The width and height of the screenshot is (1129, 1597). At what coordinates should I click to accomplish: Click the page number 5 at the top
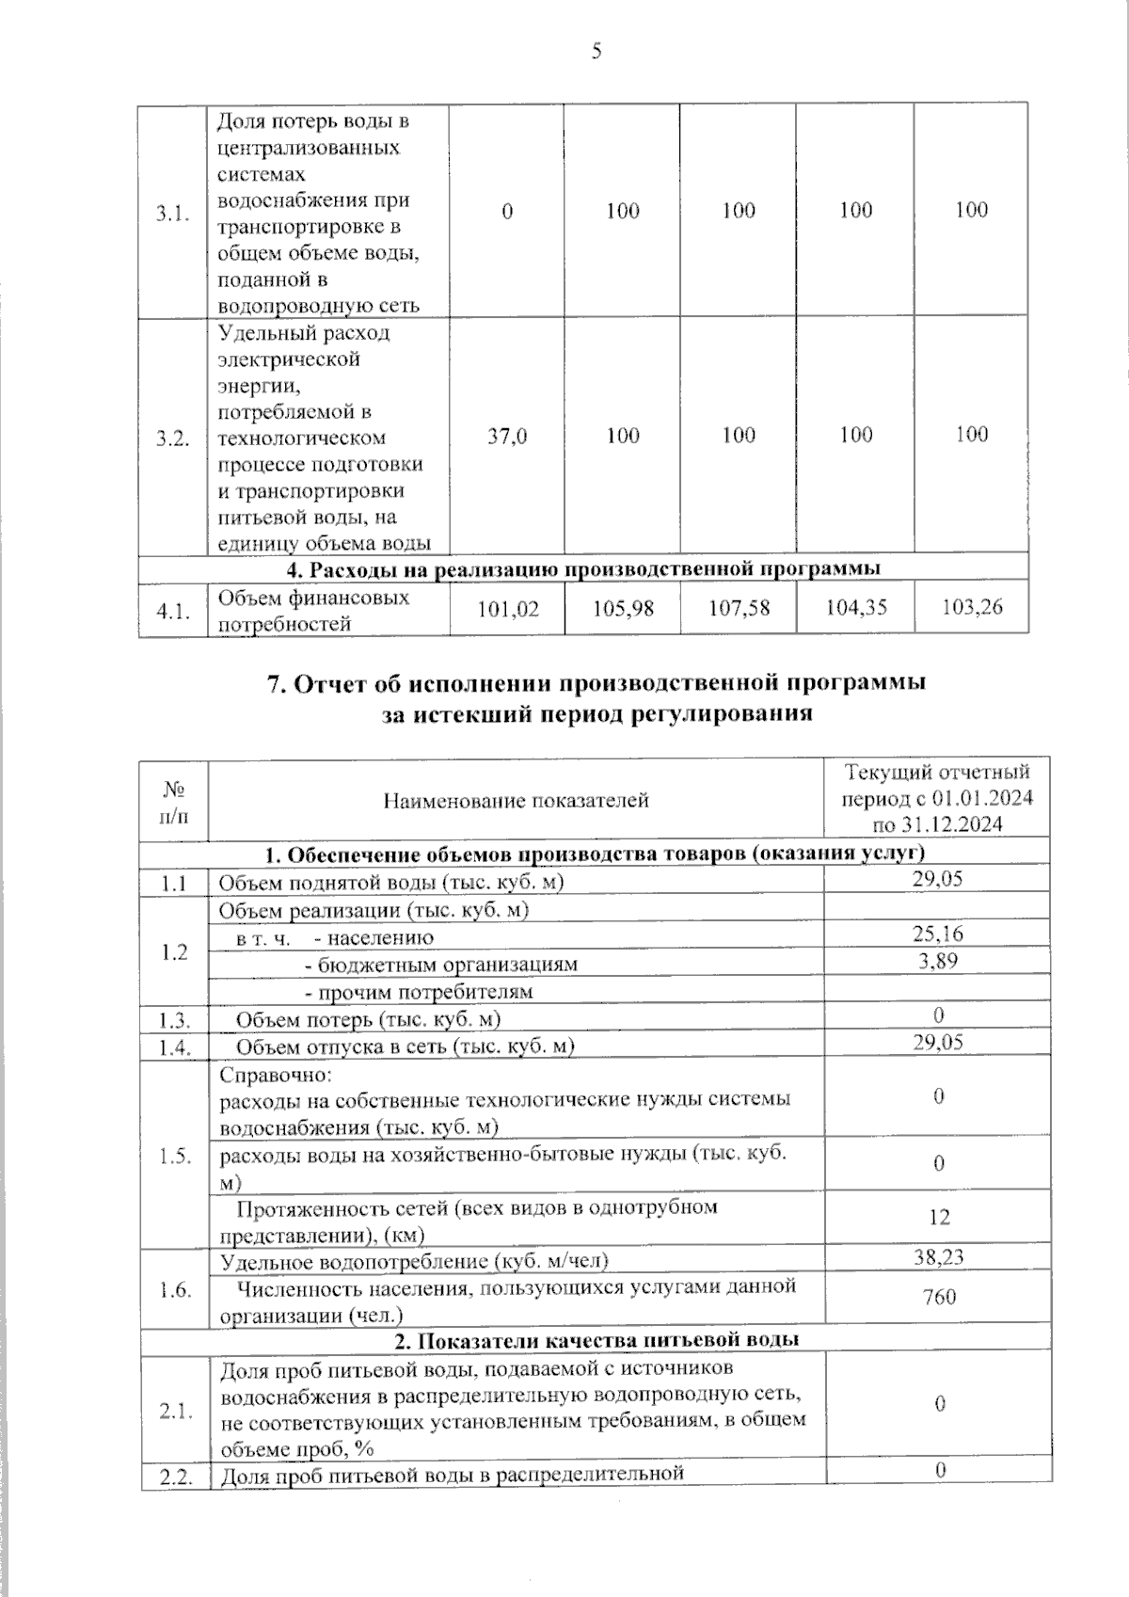(596, 51)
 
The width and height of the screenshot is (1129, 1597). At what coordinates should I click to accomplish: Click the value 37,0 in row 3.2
(507, 436)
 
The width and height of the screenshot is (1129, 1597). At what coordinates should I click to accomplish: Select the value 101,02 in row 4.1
(508, 609)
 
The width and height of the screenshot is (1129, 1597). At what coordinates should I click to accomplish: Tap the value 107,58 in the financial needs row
(739, 609)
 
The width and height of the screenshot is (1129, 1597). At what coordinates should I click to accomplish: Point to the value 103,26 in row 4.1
(972, 607)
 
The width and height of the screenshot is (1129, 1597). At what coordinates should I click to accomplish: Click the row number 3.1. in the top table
(173, 213)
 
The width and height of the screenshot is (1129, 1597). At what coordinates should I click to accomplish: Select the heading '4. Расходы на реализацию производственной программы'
(582, 568)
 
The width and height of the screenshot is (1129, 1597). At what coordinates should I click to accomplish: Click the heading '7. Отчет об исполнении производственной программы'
(596, 682)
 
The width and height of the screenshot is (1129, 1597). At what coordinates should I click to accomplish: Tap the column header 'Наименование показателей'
(516, 801)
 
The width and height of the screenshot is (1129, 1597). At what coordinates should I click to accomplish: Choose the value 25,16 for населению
(938, 934)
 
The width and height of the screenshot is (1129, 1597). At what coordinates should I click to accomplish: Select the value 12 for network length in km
(939, 1218)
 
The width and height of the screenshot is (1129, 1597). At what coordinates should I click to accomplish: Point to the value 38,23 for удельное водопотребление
(938, 1256)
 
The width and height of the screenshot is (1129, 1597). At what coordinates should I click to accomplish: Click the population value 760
(939, 1297)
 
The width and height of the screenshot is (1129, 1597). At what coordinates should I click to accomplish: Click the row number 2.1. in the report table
(175, 1411)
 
